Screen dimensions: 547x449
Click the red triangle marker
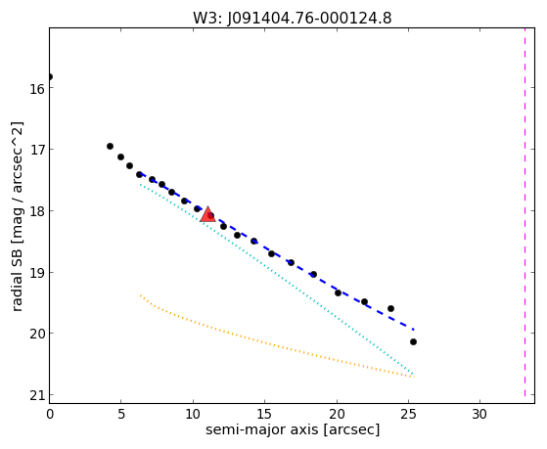pyautogui.click(x=207, y=214)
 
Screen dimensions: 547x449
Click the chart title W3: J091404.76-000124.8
pyautogui.click(x=293, y=18)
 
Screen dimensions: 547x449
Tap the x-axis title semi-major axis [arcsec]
pyautogui.click(x=293, y=429)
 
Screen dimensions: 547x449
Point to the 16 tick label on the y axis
pyautogui.click(x=36, y=89)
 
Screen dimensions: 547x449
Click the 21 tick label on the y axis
pyautogui.click(x=36, y=396)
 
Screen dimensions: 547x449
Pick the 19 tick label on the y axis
pyautogui.click(x=36, y=274)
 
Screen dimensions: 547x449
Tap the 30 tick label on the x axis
pyautogui.click(x=479, y=414)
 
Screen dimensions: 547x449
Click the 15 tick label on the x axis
pyautogui.click(x=264, y=414)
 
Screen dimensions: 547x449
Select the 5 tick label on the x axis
pyautogui.click(x=121, y=414)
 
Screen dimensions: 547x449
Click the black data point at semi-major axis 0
pyautogui.click(x=50, y=76)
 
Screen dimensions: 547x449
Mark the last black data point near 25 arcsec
pyautogui.click(x=413, y=342)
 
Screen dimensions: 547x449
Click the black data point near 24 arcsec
pyautogui.click(x=390, y=308)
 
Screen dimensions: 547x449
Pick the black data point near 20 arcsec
pyautogui.click(x=338, y=292)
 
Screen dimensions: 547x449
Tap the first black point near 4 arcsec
pyautogui.click(x=110, y=146)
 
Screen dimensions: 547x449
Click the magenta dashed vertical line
pyautogui.click(x=524, y=213)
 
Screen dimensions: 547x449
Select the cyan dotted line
pyautogui.click(x=276, y=279)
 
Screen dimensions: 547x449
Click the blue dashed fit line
pyautogui.click(x=277, y=251)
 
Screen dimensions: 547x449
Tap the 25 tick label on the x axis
pyautogui.click(x=408, y=414)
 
